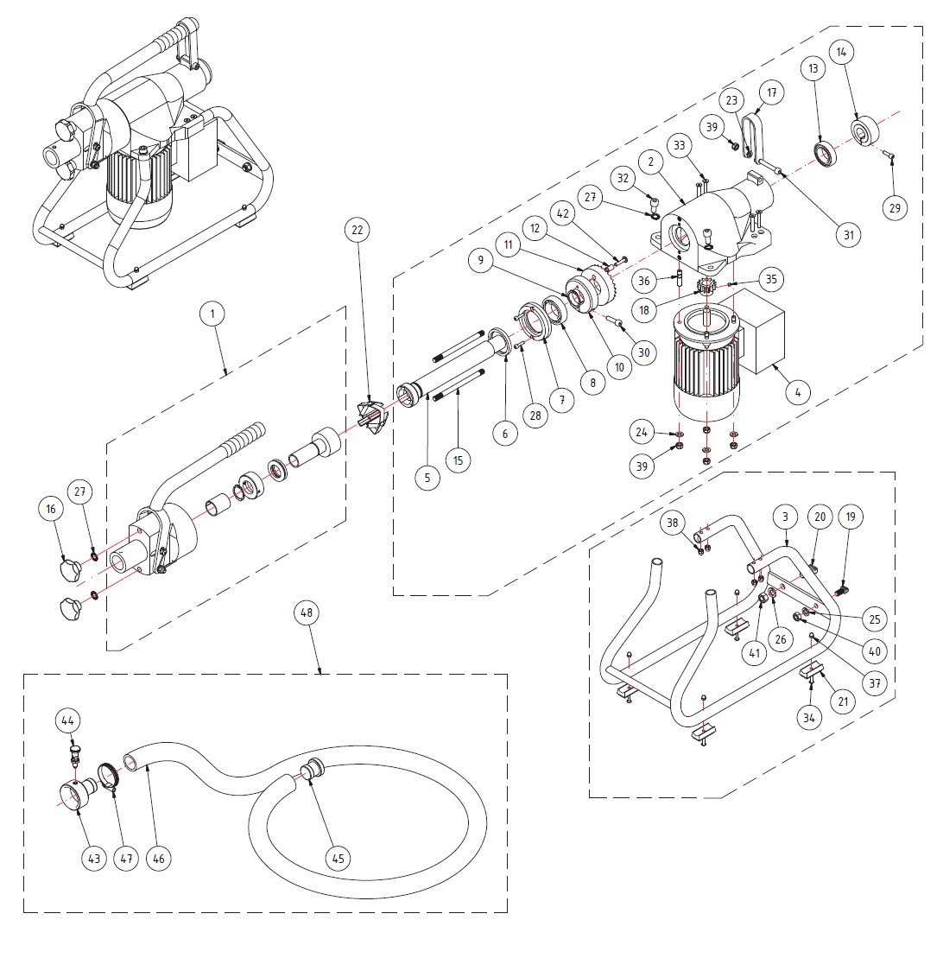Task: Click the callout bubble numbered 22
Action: [358, 230]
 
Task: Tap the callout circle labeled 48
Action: [307, 612]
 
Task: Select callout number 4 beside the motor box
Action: [798, 391]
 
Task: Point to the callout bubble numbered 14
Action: [842, 52]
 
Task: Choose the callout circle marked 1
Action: [212, 314]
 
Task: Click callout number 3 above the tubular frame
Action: [786, 517]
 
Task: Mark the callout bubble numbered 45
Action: [338, 859]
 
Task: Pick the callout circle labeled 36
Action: [644, 281]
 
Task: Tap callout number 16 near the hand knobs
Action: [51, 509]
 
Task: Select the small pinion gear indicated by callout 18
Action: [706, 285]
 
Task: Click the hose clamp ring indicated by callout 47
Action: [107, 777]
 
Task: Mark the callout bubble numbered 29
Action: [895, 207]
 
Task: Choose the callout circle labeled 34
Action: [808, 718]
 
